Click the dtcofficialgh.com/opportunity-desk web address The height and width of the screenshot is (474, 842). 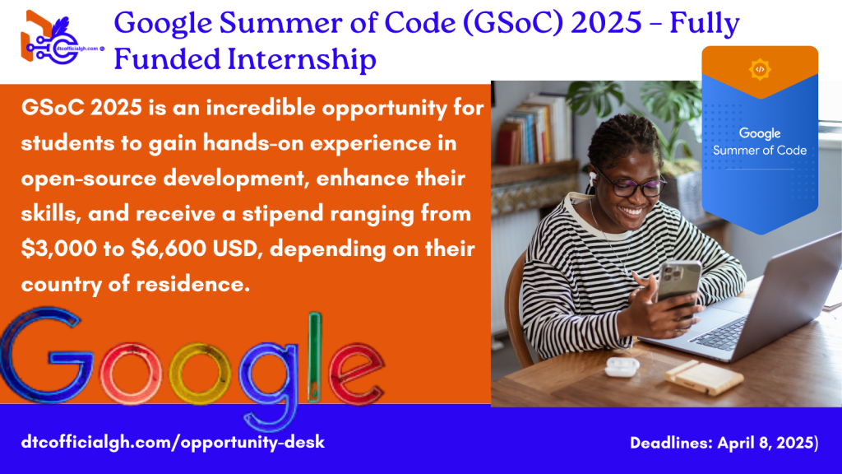click(x=173, y=442)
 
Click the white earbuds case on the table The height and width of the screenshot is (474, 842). click(x=622, y=366)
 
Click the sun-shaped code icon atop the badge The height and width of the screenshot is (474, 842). click(x=759, y=70)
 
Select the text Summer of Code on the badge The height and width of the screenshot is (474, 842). click(x=760, y=150)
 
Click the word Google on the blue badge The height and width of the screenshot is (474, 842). click(x=760, y=132)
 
